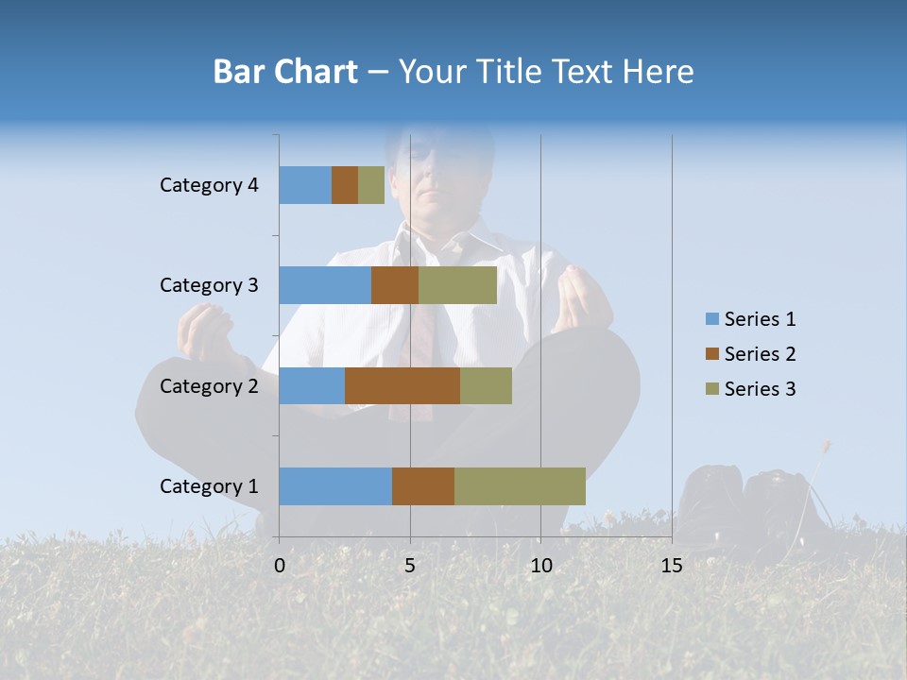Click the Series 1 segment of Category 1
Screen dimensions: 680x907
tap(335, 486)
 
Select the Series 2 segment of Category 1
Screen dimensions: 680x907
tap(423, 486)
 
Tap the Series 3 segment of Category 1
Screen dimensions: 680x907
tap(520, 486)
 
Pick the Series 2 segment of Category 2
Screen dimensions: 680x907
tap(402, 385)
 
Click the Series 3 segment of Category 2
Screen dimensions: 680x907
tap(486, 385)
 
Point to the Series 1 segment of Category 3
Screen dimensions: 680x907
tap(325, 285)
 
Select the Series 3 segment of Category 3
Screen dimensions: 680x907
tap(457, 285)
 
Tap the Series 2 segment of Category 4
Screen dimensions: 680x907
tap(345, 185)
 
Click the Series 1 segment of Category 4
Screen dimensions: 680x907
tap(305, 185)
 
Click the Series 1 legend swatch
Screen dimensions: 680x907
tap(711, 319)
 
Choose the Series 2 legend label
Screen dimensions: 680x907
tap(760, 354)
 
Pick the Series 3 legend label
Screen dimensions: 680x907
tap(760, 389)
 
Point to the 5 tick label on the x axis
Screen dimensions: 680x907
tap(410, 566)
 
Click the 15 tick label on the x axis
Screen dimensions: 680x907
tap(672, 566)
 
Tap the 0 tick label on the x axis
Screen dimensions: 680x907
tap(280, 566)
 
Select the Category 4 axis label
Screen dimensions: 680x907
tap(209, 185)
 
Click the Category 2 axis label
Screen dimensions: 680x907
tap(209, 385)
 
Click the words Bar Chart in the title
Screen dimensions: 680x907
tap(285, 72)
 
